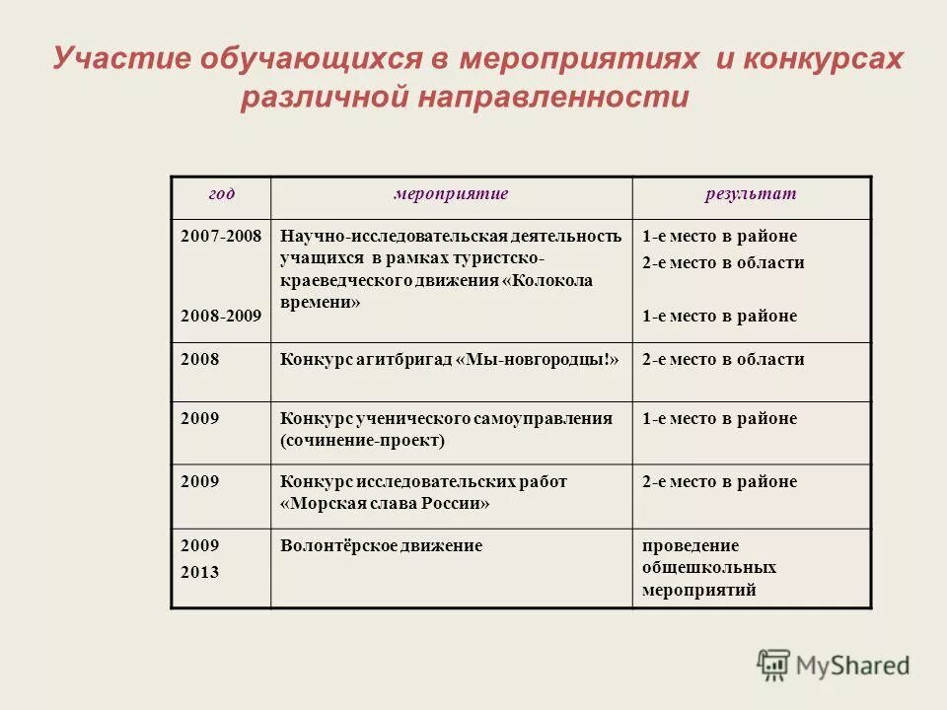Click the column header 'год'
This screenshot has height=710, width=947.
pyautogui.click(x=221, y=194)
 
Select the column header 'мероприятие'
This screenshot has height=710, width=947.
pyautogui.click(x=451, y=194)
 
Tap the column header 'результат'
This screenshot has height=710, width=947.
pyautogui.click(x=750, y=194)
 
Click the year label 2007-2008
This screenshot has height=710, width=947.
pyautogui.click(x=221, y=237)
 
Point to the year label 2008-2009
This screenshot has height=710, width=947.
pyautogui.click(x=221, y=317)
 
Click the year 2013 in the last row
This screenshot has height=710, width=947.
pyautogui.click(x=199, y=572)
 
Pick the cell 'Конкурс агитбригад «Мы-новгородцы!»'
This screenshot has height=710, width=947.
pyautogui.click(x=450, y=360)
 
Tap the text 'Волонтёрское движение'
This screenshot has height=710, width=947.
pyautogui.click(x=381, y=545)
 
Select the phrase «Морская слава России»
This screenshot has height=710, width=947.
pyautogui.click(x=385, y=503)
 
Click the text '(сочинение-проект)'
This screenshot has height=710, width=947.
pyautogui.click(x=362, y=441)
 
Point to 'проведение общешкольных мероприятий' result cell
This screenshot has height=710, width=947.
pyautogui.click(x=708, y=568)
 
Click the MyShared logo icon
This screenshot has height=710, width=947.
pyautogui.click(x=774, y=664)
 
